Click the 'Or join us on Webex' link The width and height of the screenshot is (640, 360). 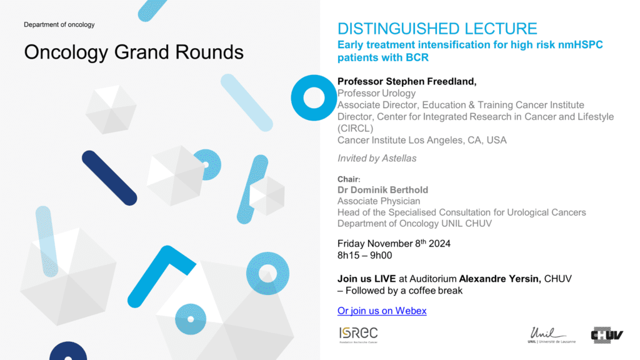point(382,311)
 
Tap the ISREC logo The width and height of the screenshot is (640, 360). point(358,335)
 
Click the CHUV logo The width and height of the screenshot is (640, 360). point(607,335)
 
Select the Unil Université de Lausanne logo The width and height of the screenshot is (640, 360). point(551,335)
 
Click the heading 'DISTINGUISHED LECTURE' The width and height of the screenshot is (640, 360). point(437,29)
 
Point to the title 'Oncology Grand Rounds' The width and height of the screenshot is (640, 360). point(134,52)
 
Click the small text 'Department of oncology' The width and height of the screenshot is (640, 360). point(59,24)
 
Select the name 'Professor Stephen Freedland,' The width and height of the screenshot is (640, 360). point(407,82)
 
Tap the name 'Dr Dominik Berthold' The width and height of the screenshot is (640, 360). point(383,190)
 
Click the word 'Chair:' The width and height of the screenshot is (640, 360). point(349,179)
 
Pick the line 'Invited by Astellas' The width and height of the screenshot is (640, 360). point(377,158)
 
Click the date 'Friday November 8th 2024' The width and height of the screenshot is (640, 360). point(394,244)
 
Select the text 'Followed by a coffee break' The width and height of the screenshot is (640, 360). point(404,291)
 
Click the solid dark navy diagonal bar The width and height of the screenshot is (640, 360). point(109,178)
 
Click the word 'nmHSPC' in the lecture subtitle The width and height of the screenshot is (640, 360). point(581,44)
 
